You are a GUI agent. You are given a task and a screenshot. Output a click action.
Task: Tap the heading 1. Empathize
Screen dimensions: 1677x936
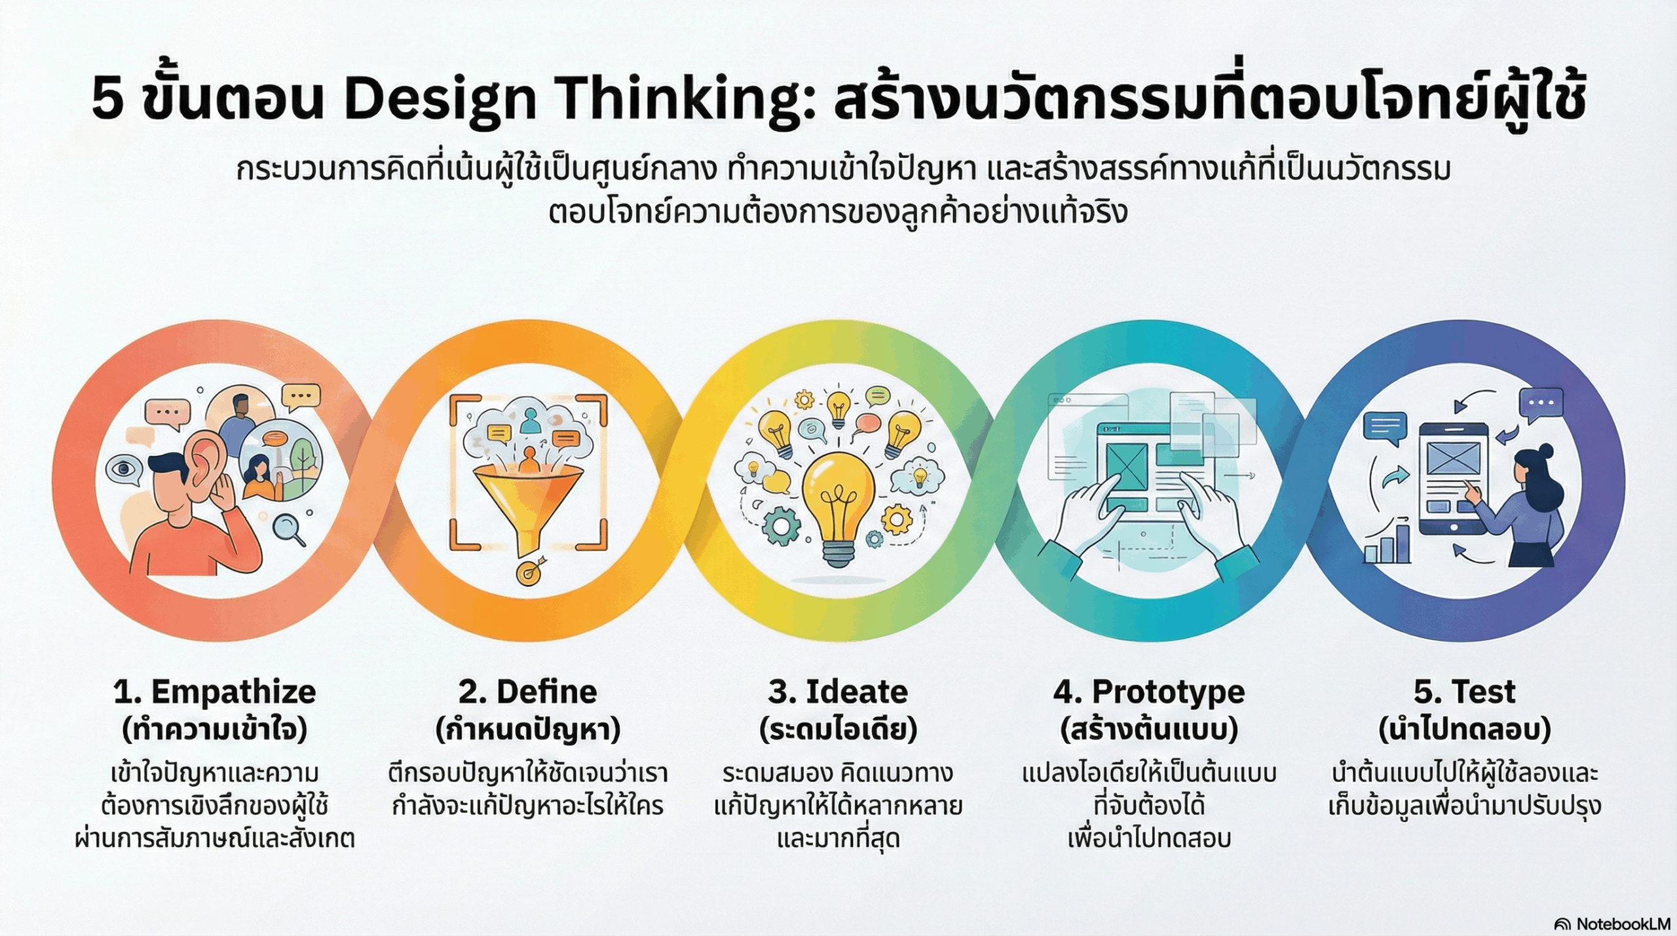pyautogui.click(x=214, y=692)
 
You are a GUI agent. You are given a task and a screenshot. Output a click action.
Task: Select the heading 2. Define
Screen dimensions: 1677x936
pyautogui.click(x=527, y=691)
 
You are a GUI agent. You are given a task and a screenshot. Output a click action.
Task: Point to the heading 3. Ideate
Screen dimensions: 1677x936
pyautogui.click(x=838, y=691)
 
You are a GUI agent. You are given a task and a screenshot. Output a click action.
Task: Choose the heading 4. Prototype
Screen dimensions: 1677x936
pyautogui.click(x=1149, y=692)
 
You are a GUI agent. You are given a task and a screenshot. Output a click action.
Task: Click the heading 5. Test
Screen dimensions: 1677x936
pyautogui.click(x=1464, y=691)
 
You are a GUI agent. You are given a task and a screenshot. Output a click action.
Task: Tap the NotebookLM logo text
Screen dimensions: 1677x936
pyautogui.click(x=1623, y=924)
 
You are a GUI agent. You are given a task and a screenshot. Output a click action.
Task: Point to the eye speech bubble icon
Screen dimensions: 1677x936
pyautogui.click(x=124, y=470)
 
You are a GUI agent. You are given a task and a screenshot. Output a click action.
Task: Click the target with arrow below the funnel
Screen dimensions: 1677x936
pyautogui.click(x=531, y=572)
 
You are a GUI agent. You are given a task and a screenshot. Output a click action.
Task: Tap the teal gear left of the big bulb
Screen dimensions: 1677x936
pyautogui.click(x=782, y=525)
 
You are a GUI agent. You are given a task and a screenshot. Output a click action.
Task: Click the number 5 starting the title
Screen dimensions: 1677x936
pyautogui.click(x=107, y=100)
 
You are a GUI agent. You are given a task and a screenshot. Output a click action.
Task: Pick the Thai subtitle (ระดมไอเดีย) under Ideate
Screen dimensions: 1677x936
pyautogui.click(x=838, y=729)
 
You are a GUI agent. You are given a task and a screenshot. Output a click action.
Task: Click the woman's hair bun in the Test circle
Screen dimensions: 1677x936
pyautogui.click(x=1545, y=451)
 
